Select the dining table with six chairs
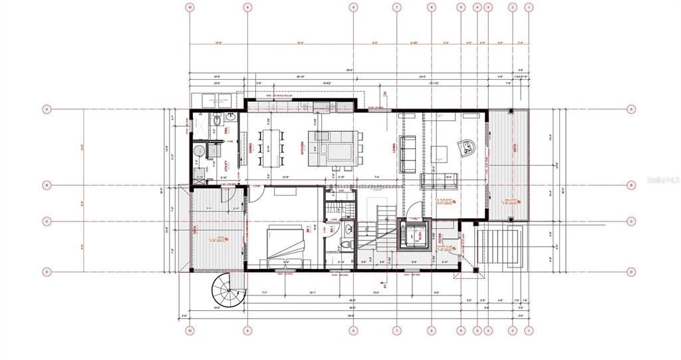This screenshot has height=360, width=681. (272, 147)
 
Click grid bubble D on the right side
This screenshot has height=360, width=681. (630, 271)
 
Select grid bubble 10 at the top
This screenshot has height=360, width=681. (190, 7)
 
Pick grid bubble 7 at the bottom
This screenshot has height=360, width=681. (396, 330)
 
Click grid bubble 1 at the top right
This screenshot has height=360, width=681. (529, 7)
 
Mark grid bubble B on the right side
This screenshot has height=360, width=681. (630, 185)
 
